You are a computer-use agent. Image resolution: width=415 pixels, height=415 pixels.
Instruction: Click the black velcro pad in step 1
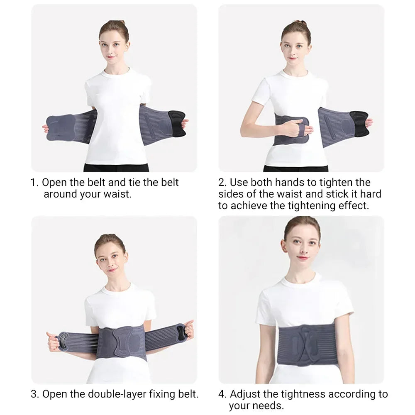tap(176, 123)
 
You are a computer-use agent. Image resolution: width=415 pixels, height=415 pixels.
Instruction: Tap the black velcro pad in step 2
tap(359, 124)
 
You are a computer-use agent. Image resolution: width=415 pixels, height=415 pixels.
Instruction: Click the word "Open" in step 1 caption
tap(54, 183)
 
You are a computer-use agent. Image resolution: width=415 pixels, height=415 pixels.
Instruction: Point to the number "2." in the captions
tap(223, 183)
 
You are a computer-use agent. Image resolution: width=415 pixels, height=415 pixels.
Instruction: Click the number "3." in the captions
tap(35, 394)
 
